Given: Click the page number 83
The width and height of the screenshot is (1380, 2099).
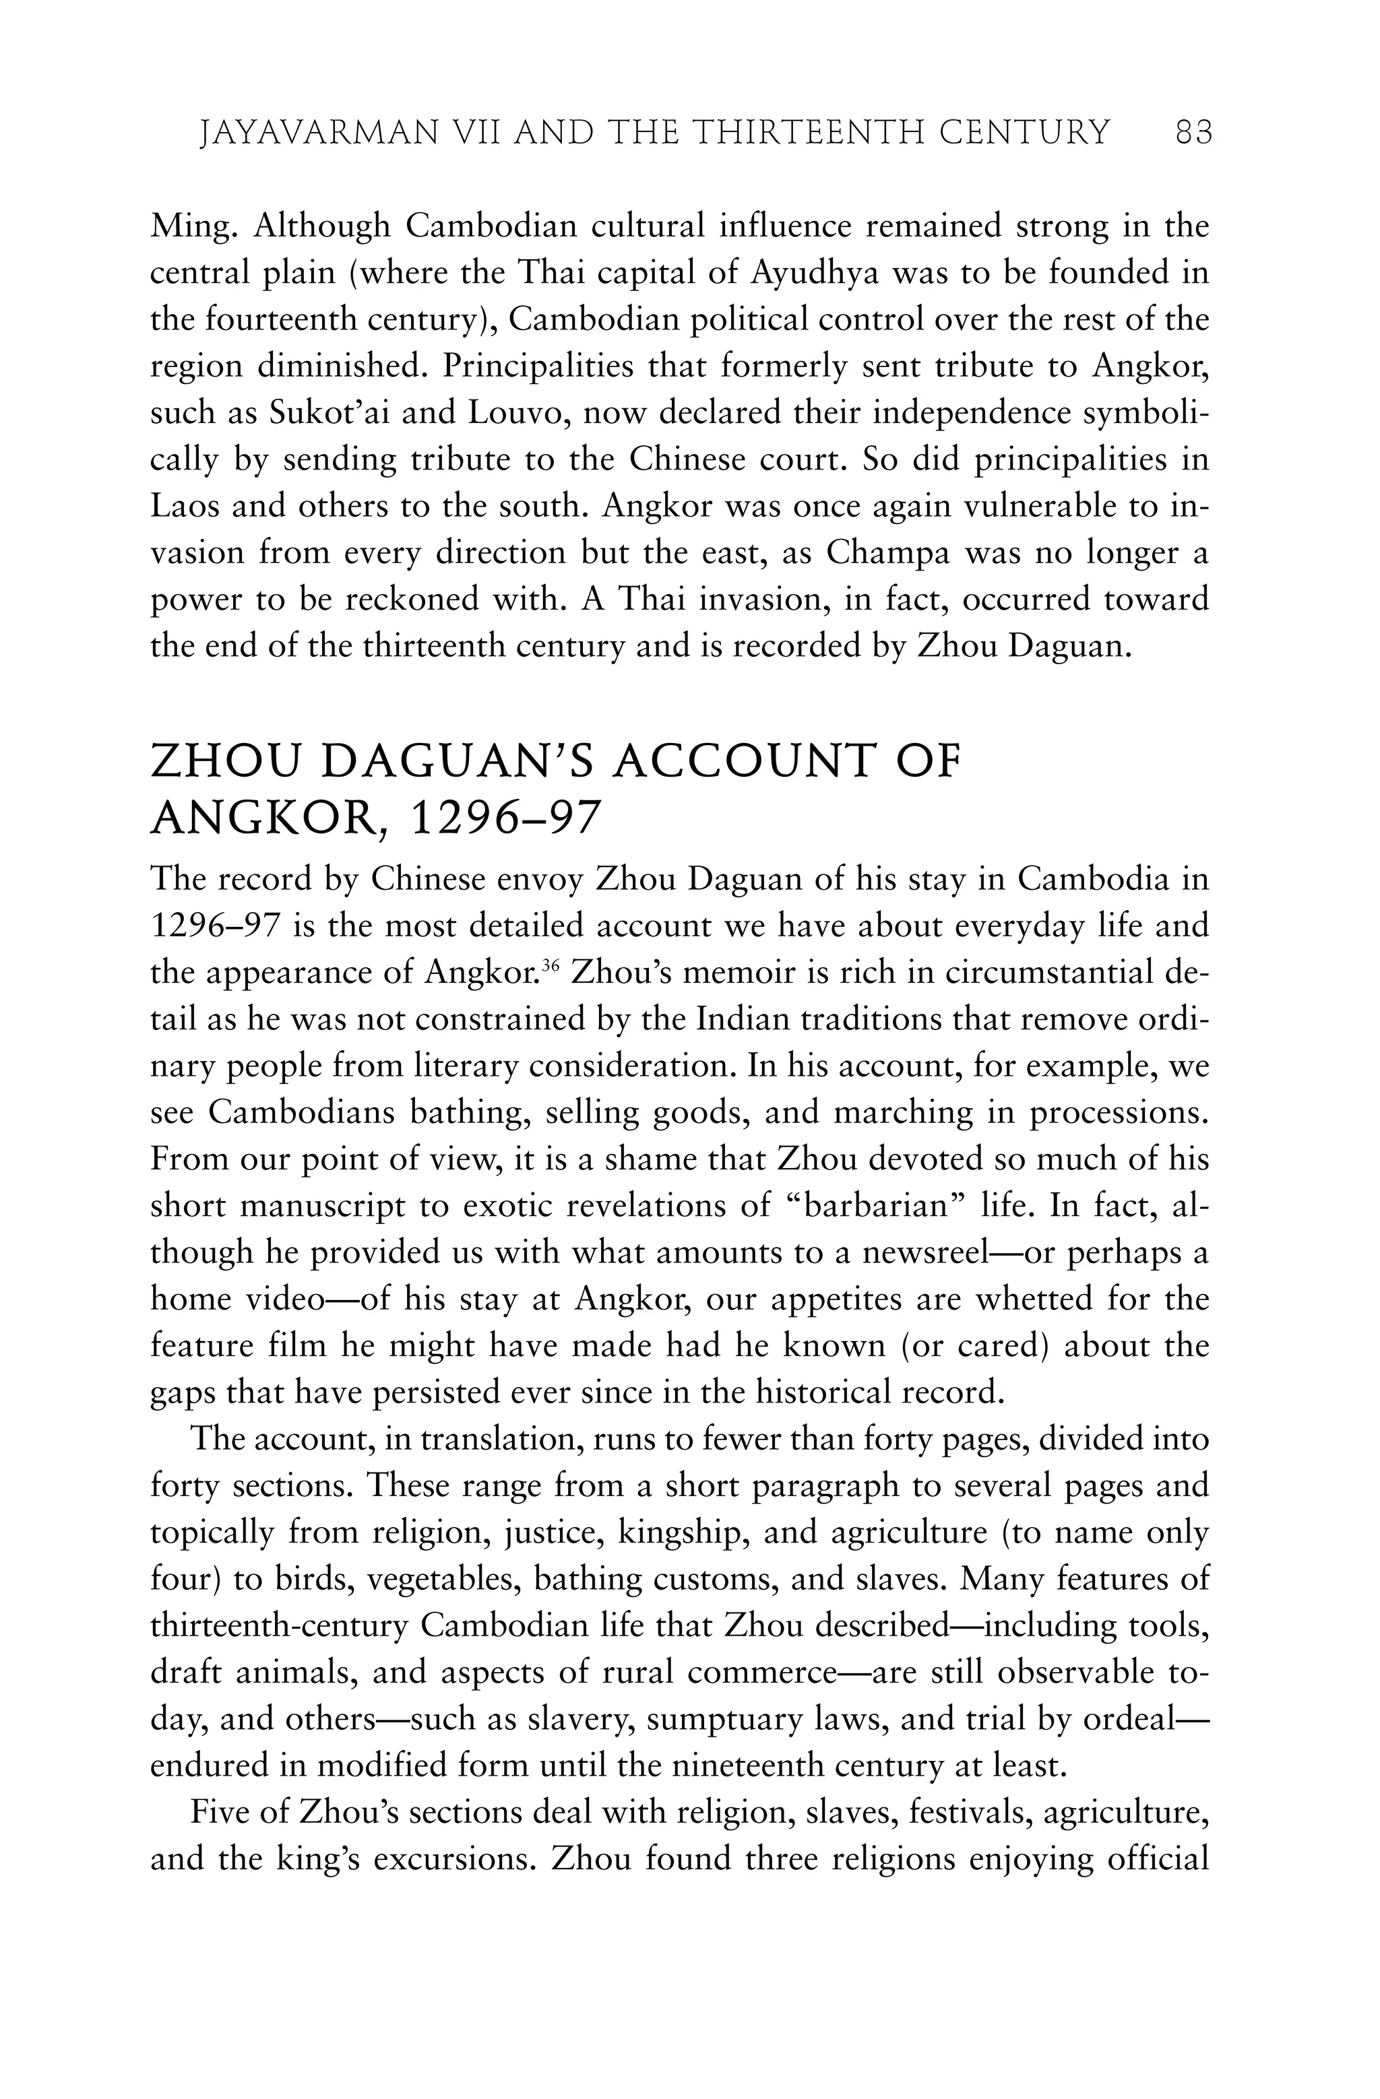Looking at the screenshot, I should tap(1194, 133).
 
